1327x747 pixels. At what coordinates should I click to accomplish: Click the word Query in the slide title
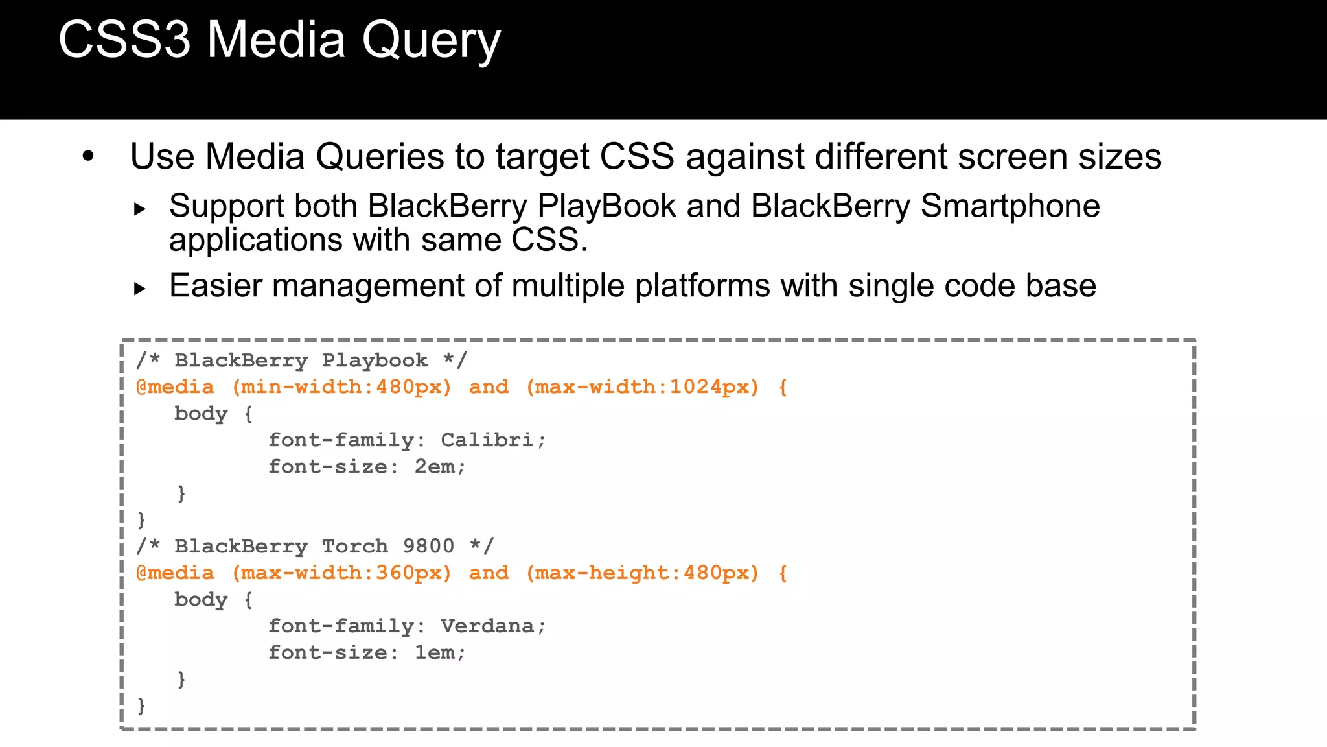(431, 40)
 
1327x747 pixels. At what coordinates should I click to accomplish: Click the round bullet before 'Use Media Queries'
(88, 156)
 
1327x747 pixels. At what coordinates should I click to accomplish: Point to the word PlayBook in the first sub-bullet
(606, 206)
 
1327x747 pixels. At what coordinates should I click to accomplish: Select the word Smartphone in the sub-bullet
(1010, 206)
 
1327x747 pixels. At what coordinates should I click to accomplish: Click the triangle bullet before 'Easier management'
(139, 288)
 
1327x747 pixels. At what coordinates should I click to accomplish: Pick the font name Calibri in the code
(487, 440)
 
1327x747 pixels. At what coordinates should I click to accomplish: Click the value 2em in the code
(434, 466)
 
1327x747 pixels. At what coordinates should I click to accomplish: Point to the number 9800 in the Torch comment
(428, 546)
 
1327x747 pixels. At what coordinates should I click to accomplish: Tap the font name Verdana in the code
(487, 626)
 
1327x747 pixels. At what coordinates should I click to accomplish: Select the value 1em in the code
(434, 652)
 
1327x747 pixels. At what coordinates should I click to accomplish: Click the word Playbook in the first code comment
(375, 361)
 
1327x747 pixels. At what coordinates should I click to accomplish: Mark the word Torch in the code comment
(354, 546)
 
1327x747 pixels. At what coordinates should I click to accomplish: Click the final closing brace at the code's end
(141, 705)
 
